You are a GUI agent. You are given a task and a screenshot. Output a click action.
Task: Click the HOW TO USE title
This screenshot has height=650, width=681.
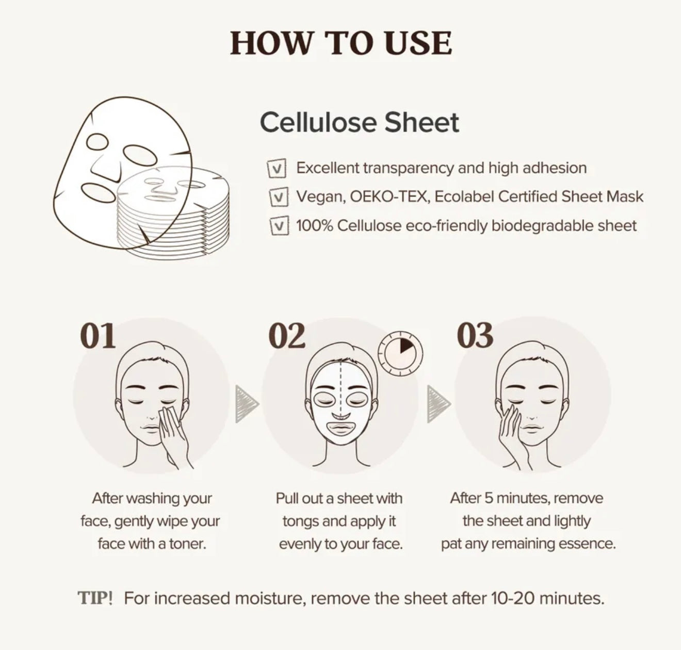pos(341,43)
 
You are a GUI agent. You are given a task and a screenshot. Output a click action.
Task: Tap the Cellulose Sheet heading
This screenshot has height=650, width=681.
pos(360,122)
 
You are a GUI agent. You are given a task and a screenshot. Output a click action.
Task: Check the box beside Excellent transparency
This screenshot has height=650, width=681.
pos(277,168)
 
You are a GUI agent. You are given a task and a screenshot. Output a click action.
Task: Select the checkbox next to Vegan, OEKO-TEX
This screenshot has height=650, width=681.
pos(279,197)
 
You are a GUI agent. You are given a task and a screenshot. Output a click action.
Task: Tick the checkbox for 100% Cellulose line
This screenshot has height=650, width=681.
pos(279,226)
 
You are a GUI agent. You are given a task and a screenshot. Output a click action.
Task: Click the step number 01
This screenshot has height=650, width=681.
pos(98,335)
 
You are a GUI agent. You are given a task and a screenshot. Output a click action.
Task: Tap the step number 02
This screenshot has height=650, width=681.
pos(287,335)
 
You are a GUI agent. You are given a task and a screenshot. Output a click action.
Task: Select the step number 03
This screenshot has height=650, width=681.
pos(475,335)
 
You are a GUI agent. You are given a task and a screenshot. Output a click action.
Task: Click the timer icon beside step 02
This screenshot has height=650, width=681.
pos(400,353)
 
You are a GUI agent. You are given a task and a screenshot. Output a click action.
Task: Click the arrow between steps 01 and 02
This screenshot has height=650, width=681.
pos(247,403)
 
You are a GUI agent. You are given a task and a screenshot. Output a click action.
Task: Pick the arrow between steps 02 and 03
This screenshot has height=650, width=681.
pos(439,403)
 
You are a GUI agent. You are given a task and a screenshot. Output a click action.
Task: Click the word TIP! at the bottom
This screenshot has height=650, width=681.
pos(95,598)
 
